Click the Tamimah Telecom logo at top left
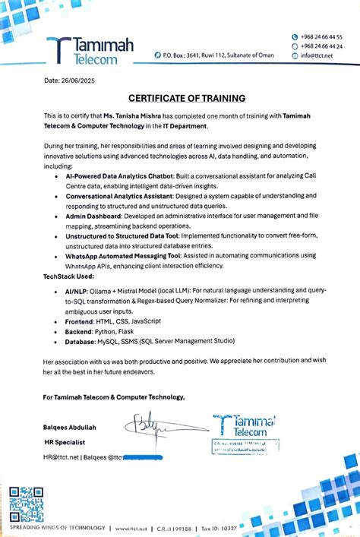point(89,50)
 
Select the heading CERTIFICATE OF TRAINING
point(186,98)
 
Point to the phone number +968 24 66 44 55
point(321,36)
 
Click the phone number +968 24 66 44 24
point(321,46)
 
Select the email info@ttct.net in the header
point(316,55)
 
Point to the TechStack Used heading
point(71,279)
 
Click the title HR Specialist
point(65,441)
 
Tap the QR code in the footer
point(26,504)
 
